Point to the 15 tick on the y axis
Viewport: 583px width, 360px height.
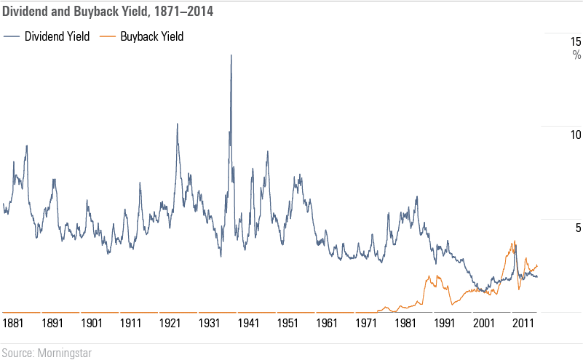pyautogui.click(x=575, y=42)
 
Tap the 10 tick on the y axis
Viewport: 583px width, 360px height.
pyautogui.click(x=575, y=135)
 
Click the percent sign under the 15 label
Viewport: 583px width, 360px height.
pyautogui.click(x=576, y=55)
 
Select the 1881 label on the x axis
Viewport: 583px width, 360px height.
pyautogui.click(x=13, y=322)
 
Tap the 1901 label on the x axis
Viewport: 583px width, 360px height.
pyautogui.click(x=92, y=322)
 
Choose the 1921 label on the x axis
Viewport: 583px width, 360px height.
pyautogui.click(x=170, y=322)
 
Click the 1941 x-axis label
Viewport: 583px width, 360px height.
pyautogui.click(x=249, y=322)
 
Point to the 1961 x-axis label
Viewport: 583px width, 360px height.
pyautogui.click(x=328, y=322)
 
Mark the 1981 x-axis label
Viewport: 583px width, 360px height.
pyautogui.click(x=405, y=322)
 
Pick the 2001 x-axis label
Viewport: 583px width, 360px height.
pyautogui.click(x=484, y=322)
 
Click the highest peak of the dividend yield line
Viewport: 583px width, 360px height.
pyautogui.click(x=231, y=55)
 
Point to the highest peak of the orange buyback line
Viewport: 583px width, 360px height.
pyautogui.click(x=515, y=242)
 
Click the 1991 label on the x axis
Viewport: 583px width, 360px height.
pyautogui.click(x=445, y=322)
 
